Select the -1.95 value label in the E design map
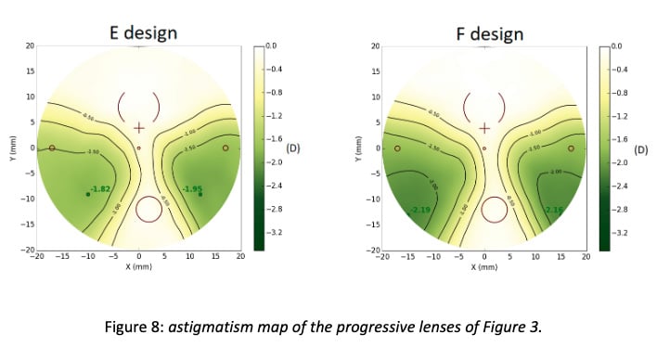pyautogui.click(x=192, y=189)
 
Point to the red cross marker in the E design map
pyautogui.click(x=139, y=127)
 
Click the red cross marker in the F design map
pyautogui.click(x=483, y=127)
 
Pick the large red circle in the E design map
pyautogui.click(x=148, y=209)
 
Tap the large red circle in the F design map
pyautogui.click(x=494, y=209)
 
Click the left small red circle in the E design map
pyautogui.click(x=53, y=148)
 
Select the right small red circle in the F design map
pyautogui.click(x=571, y=148)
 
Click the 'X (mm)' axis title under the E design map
pyautogui.click(x=139, y=267)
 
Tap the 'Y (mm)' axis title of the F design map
pyautogui.click(x=357, y=148)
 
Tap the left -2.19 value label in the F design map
pyautogui.click(x=420, y=210)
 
